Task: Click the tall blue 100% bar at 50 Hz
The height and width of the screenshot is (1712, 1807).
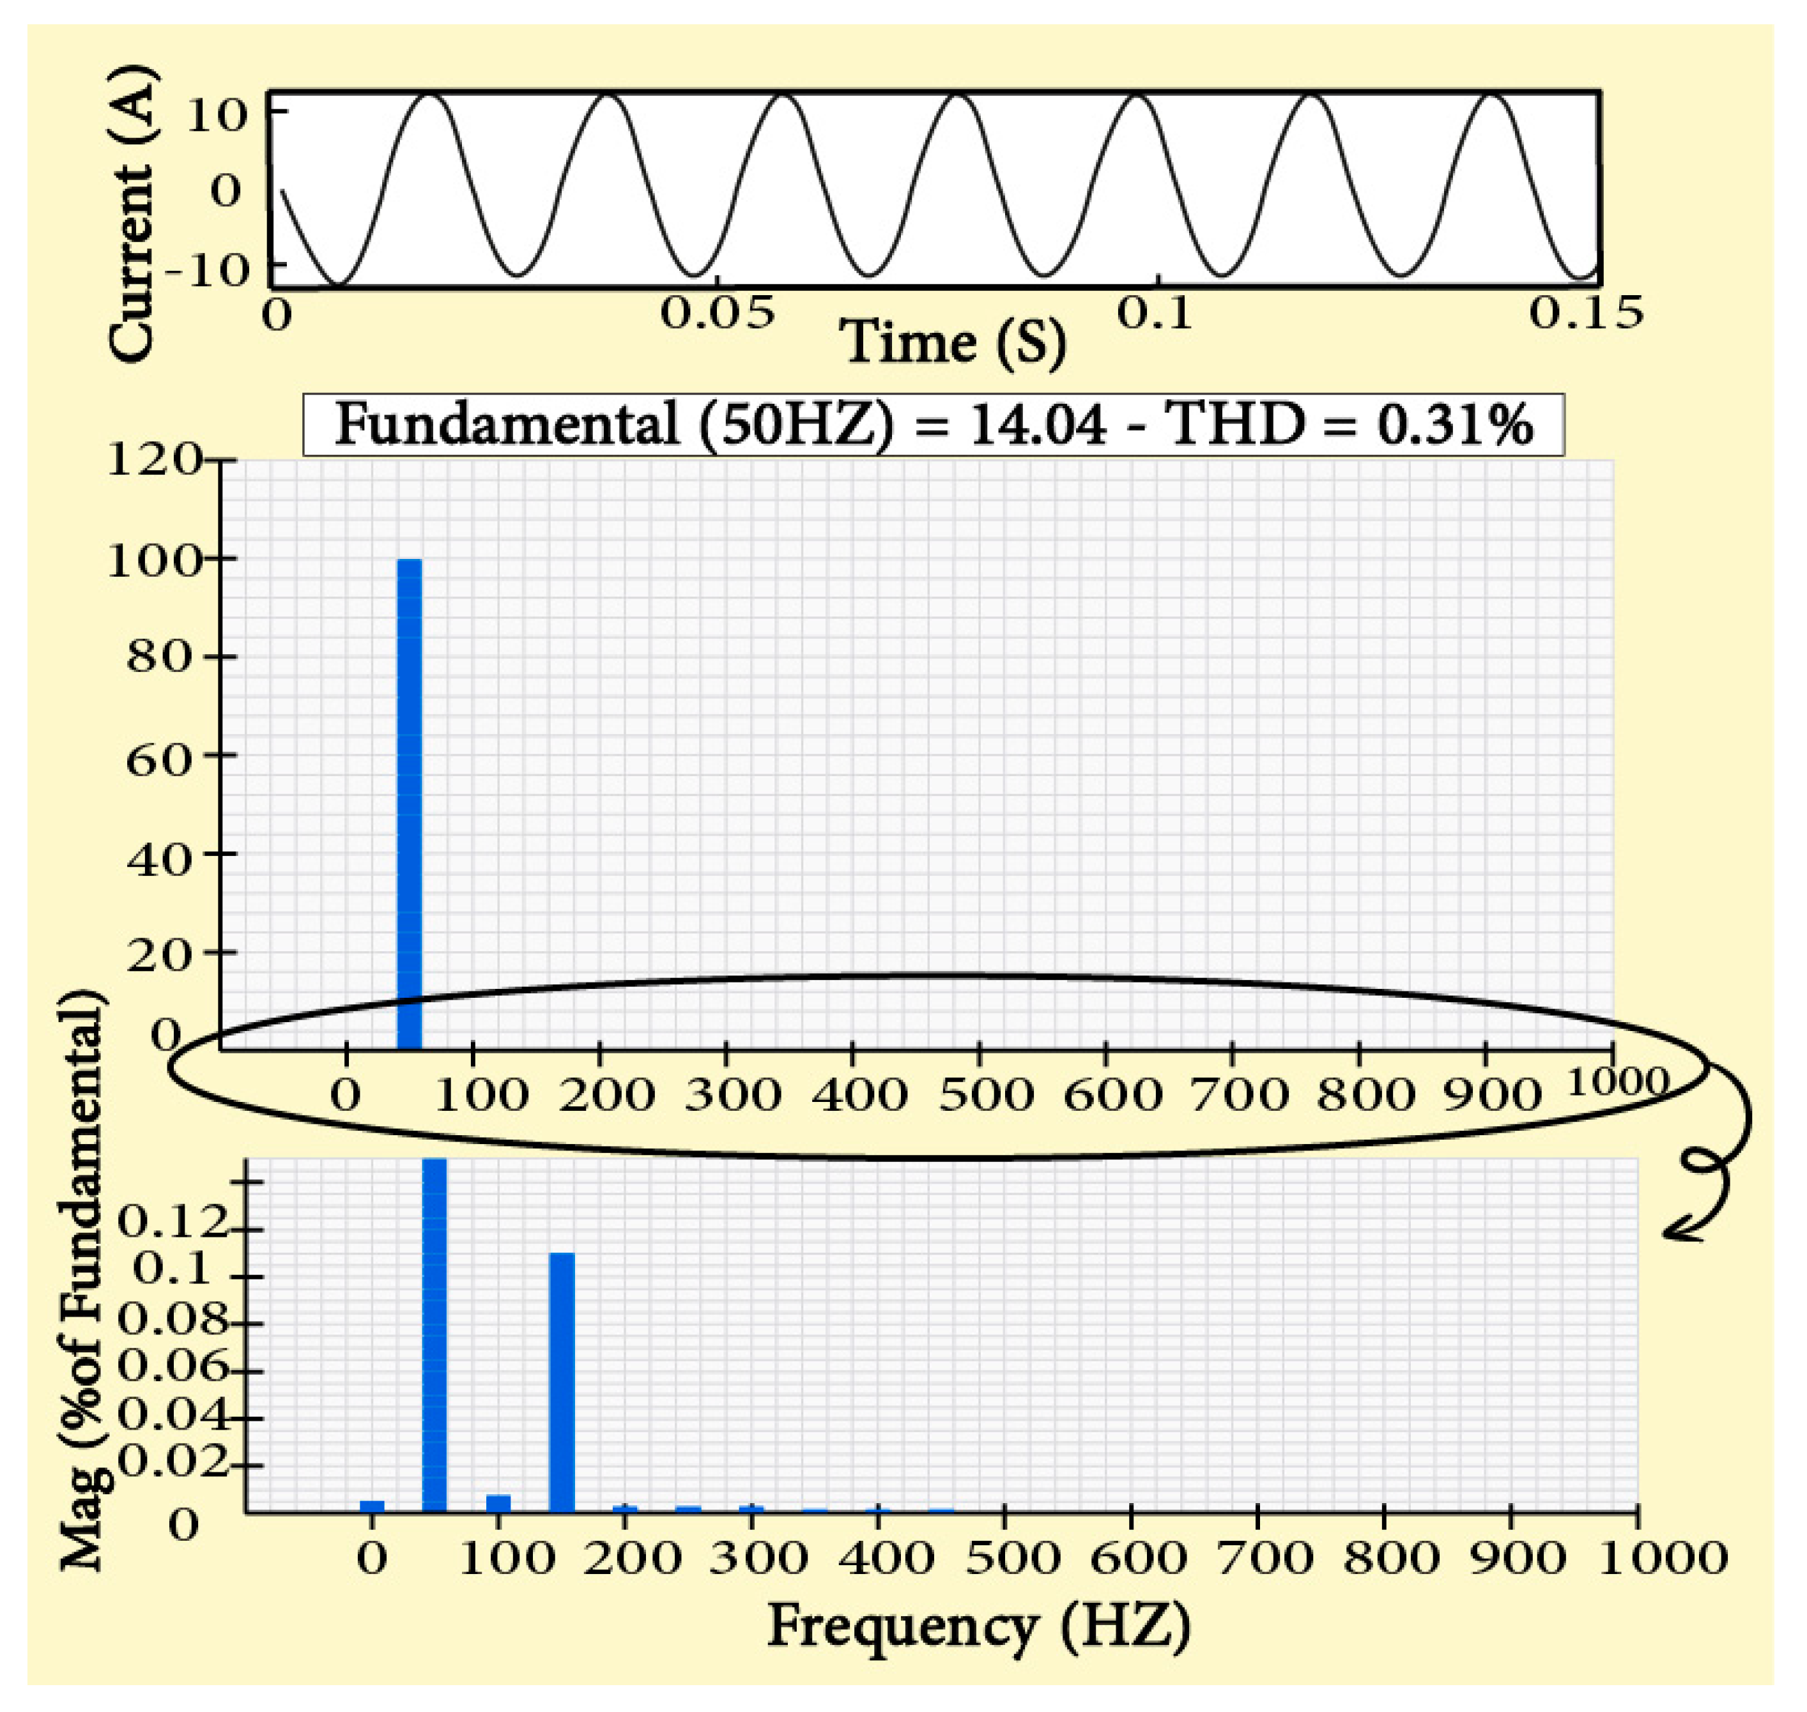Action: [x=410, y=803]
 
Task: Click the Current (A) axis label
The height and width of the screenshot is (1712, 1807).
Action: [x=130, y=215]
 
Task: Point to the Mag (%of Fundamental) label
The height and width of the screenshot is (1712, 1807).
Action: [x=84, y=1278]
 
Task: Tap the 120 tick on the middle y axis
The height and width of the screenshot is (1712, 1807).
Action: [x=153, y=459]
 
